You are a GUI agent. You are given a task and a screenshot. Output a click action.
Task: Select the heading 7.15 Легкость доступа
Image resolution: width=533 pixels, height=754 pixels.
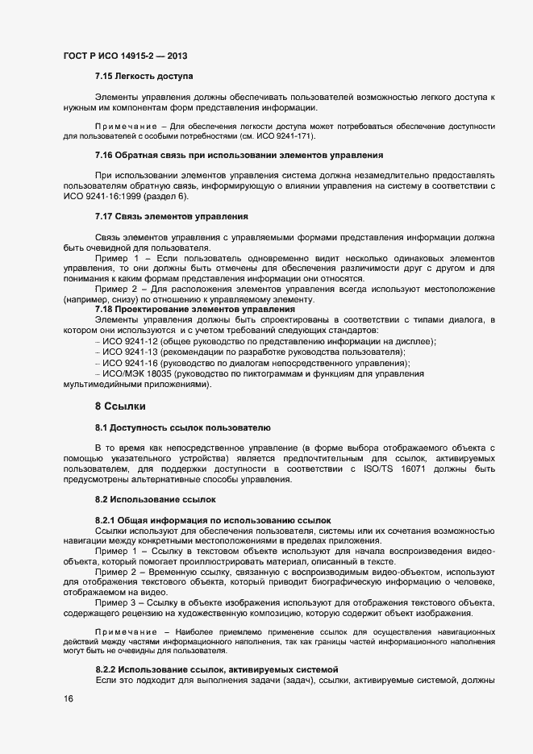144,77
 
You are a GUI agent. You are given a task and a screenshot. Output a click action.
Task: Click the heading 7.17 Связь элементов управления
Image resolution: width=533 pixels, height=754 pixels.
171,217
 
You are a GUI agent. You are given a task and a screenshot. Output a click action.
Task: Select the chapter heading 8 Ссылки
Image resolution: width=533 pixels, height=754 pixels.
120,406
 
